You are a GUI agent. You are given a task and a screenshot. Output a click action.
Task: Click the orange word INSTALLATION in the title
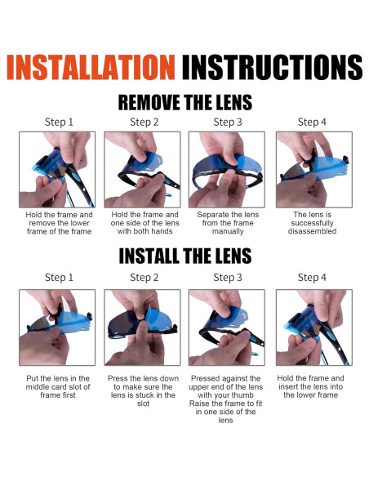click(91, 67)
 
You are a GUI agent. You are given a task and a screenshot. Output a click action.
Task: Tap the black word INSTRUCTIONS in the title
click(272, 67)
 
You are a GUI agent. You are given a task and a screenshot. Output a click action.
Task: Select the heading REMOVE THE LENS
click(185, 103)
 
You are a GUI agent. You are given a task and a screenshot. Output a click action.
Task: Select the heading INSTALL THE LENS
click(185, 256)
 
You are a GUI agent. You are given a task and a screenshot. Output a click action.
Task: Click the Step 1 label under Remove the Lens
click(59, 123)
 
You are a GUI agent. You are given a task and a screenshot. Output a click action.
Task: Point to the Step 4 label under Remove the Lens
click(312, 123)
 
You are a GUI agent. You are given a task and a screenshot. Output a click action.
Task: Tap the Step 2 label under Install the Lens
click(144, 278)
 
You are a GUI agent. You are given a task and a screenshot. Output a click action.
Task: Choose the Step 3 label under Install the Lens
click(228, 278)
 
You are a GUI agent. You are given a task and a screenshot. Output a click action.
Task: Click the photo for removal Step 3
click(227, 170)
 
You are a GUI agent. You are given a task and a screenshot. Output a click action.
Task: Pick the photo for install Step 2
click(142, 328)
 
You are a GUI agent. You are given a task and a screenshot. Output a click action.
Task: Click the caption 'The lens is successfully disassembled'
click(312, 223)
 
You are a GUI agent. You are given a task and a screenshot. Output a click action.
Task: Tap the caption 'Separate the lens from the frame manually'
click(228, 223)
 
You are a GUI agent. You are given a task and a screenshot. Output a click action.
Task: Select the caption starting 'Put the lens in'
click(58, 386)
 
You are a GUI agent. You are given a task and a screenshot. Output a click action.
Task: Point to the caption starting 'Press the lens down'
click(143, 391)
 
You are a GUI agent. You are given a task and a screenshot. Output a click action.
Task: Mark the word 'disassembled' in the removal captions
click(312, 231)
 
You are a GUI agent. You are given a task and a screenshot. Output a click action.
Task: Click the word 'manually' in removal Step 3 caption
click(228, 231)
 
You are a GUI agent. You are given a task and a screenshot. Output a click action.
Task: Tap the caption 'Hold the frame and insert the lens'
click(311, 386)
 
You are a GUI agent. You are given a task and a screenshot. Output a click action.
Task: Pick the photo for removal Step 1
click(57, 170)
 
